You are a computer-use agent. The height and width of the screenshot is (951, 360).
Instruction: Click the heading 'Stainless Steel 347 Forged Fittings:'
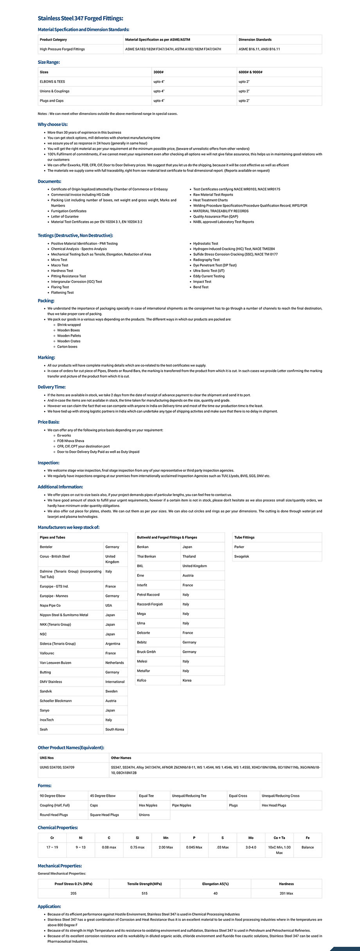click(x=80, y=18)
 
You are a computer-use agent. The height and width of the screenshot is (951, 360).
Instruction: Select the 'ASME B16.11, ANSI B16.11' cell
click(x=259, y=49)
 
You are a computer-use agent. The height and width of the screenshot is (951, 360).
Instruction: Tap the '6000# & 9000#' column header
click(x=250, y=72)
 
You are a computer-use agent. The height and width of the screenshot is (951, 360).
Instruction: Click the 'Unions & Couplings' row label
click(x=54, y=91)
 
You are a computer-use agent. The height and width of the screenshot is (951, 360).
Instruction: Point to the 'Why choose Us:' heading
click(x=53, y=124)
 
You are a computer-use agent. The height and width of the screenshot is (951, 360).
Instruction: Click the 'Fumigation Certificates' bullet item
click(x=68, y=211)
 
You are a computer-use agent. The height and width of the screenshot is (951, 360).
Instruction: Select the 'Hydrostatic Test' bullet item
click(x=205, y=244)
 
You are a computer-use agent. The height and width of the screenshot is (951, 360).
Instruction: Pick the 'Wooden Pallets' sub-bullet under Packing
click(x=69, y=336)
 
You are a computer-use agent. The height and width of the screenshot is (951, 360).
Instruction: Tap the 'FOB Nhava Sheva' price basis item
click(x=70, y=441)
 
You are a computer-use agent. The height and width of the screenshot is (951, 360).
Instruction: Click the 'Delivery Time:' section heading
click(x=52, y=387)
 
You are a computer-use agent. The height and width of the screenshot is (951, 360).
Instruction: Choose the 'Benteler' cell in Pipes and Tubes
click(x=46, y=547)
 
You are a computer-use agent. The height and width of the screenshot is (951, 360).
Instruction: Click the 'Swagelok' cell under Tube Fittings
click(x=241, y=556)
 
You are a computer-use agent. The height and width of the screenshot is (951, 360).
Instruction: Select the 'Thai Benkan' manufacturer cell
click(x=146, y=556)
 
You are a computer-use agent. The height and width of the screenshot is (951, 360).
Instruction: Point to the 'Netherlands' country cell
click(x=114, y=663)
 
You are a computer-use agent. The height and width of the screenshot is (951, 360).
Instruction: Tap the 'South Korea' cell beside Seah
click(x=114, y=729)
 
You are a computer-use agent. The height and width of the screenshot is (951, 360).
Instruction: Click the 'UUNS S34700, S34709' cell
click(x=57, y=768)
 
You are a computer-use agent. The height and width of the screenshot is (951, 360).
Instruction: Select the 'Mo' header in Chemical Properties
click(x=251, y=838)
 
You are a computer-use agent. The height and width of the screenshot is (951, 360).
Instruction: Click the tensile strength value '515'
click(x=144, y=893)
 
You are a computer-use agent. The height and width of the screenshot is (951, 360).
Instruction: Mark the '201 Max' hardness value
click(x=286, y=893)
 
